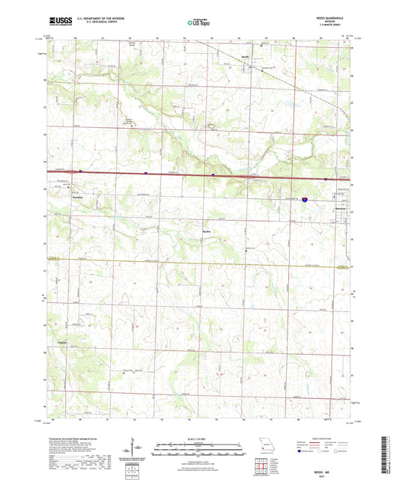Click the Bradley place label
[x=207, y=232]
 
